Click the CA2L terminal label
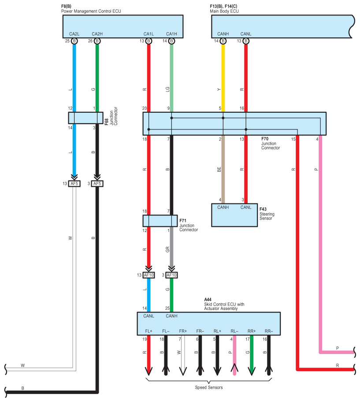(74, 34)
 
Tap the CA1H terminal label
(171, 34)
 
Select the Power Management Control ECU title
(91, 11)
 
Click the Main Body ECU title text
(224, 11)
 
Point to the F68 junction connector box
(83, 118)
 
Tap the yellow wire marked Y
(223, 77)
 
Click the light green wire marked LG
(171, 77)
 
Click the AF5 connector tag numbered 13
(74, 184)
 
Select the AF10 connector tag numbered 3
(171, 275)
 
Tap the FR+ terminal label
(183, 331)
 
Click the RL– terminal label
(234, 331)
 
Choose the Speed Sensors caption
(209, 387)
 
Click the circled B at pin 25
(74, 41)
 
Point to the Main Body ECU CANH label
(223, 34)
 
